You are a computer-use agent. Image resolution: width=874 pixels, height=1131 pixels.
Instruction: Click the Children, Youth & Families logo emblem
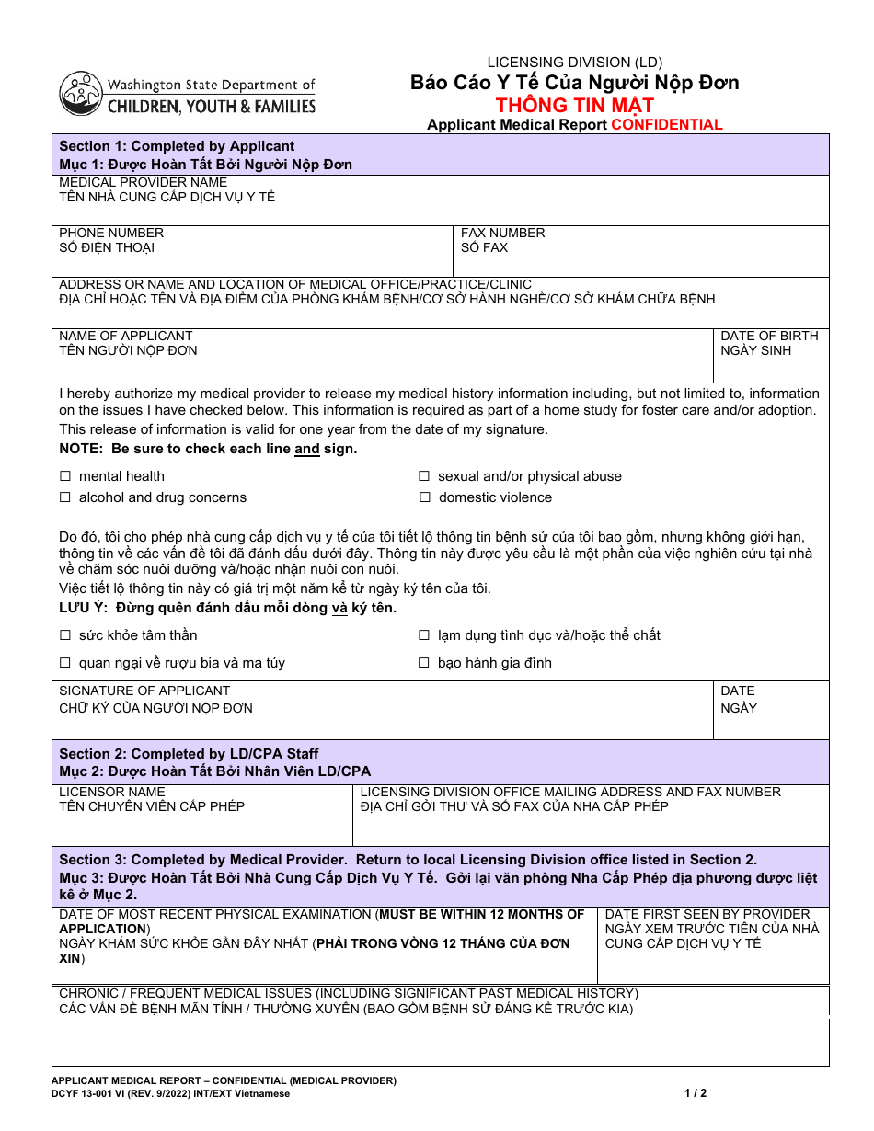point(81,94)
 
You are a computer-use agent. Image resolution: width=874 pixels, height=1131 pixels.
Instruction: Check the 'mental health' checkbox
point(65,476)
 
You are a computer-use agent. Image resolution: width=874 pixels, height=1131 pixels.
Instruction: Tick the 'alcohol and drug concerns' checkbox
point(65,497)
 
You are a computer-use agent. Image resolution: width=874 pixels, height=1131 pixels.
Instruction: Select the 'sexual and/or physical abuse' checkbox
point(424,476)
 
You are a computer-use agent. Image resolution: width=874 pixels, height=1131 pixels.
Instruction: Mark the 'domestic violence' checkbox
point(424,497)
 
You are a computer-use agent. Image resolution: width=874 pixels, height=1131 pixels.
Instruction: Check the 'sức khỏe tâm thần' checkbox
point(65,635)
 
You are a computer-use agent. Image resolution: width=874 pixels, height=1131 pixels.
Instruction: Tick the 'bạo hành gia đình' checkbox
point(424,663)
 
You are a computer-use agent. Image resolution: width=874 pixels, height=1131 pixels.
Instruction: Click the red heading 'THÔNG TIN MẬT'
point(574,105)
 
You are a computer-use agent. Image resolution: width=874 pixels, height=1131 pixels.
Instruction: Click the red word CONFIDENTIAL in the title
point(667,125)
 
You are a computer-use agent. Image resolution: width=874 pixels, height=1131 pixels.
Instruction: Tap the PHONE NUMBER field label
point(111,233)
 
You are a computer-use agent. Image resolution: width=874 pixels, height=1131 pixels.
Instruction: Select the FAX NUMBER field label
point(502,233)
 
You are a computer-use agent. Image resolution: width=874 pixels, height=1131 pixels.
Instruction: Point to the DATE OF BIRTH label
point(769,336)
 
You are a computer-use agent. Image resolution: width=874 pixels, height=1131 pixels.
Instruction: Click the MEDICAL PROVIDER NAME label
point(143,182)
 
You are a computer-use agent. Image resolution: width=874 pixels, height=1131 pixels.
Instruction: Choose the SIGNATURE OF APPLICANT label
point(144,691)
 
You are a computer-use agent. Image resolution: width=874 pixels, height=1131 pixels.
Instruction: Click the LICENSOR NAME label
point(112,792)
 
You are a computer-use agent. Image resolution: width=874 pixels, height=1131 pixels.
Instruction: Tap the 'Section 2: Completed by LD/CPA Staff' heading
point(189,754)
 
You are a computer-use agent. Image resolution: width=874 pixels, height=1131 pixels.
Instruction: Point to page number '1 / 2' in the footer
point(696,1093)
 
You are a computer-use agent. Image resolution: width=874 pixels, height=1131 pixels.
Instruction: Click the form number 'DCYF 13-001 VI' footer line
point(170,1093)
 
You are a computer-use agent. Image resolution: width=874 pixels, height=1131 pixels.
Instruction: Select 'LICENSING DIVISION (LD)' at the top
point(574,63)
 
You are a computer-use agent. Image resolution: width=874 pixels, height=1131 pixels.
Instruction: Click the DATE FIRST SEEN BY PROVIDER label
point(707,914)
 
